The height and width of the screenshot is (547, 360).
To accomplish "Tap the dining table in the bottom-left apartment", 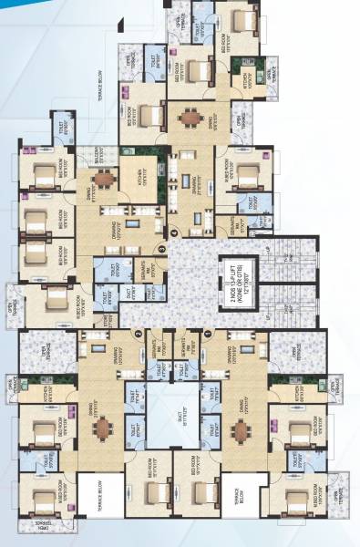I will [x=104, y=428].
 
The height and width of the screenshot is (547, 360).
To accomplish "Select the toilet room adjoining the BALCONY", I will [x=63, y=129].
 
